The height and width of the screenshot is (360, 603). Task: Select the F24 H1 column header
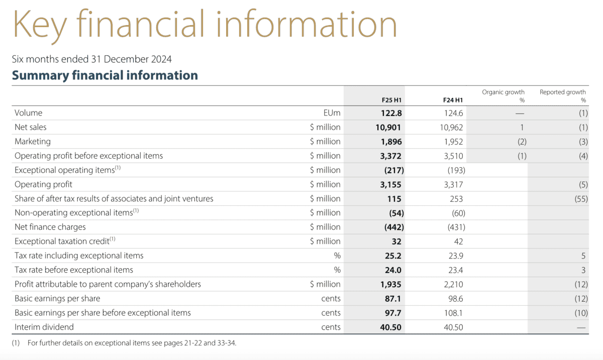tap(452, 99)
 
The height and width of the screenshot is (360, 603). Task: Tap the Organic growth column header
tap(503, 95)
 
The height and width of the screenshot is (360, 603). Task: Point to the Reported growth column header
tap(562, 95)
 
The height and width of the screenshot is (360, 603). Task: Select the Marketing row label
tap(33, 142)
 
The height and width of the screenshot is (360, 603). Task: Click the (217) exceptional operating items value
tap(393, 170)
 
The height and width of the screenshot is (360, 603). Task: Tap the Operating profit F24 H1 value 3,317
tap(452, 184)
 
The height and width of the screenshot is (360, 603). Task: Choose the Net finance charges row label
tap(50, 227)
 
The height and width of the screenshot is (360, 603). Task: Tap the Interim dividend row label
tap(44, 327)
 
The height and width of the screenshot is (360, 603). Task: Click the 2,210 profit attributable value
tap(452, 284)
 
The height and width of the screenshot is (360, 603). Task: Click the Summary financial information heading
tap(105, 75)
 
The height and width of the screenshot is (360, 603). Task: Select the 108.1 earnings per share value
tap(452, 313)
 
